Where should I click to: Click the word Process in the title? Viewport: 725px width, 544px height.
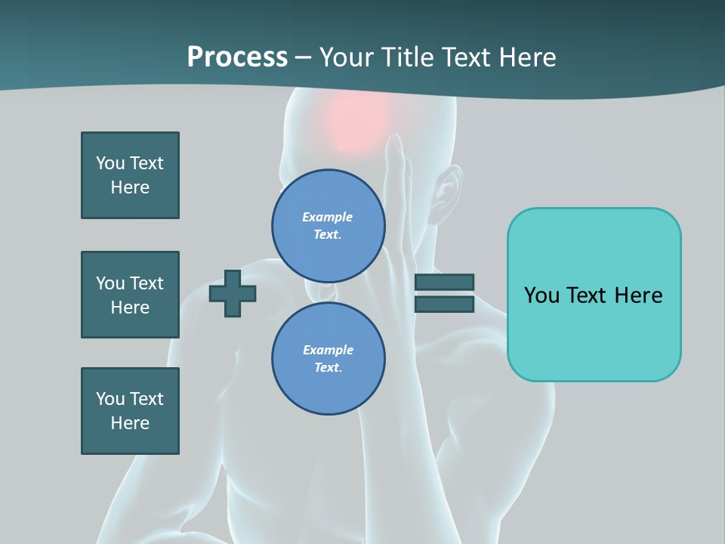click(x=237, y=57)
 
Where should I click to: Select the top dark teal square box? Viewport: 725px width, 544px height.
click(x=130, y=175)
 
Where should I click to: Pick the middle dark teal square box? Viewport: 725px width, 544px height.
click(x=130, y=295)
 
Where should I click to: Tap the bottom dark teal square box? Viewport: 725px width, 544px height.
click(x=130, y=411)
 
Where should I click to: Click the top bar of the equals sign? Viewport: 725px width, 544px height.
click(x=444, y=282)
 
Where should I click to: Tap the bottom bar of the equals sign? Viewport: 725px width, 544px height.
click(x=444, y=304)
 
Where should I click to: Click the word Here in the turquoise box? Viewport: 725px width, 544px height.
click(x=638, y=295)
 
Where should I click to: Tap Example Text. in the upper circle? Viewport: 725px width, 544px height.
click(x=328, y=225)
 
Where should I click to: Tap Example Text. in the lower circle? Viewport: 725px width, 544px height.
click(x=328, y=359)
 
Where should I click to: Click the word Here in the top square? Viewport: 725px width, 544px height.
click(x=130, y=187)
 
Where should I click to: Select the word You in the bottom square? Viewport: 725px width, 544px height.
click(x=110, y=399)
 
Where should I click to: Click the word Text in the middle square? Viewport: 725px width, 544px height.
click(x=147, y=283)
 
